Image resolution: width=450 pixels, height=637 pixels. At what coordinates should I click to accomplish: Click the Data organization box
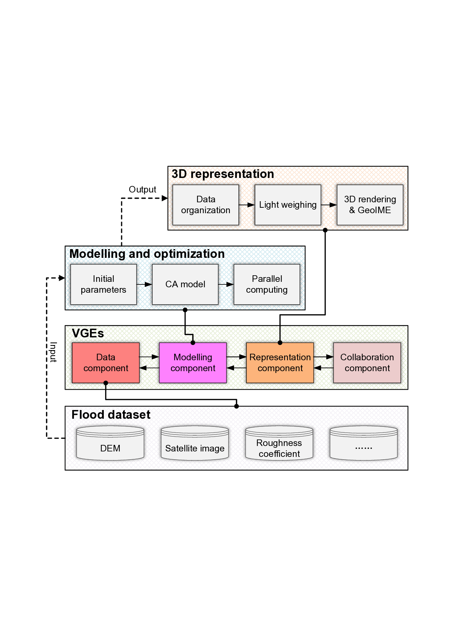(206, 205)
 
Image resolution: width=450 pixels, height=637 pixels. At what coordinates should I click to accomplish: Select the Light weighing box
(288, 205)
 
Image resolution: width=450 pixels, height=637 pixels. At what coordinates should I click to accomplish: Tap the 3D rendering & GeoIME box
(370, 205)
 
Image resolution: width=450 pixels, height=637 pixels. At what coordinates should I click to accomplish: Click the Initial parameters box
(103, 284)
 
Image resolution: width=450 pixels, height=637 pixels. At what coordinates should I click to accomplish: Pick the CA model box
(185, 284)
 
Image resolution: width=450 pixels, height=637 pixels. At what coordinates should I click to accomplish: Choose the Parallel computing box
(267, 284)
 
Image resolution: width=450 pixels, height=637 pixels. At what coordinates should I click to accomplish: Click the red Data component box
(106, 363)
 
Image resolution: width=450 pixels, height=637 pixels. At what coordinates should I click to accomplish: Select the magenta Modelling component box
(193, 363)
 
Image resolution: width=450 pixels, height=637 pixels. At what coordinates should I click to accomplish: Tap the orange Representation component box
(280, 363)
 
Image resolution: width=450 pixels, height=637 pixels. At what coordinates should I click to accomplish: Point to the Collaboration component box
(367, 363)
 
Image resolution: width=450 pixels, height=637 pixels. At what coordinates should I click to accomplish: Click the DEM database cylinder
(110, 444)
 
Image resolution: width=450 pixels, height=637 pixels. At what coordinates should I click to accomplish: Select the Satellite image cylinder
(195, 444)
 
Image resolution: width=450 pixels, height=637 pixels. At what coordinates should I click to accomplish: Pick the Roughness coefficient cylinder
(279, 444)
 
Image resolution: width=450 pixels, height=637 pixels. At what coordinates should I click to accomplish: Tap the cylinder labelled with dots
(364, 444)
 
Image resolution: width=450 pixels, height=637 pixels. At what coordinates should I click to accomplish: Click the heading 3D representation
(222, 174)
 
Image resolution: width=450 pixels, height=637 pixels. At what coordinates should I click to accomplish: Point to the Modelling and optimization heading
(147, 254)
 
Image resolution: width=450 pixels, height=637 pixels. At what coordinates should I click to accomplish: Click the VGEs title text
(88, 333)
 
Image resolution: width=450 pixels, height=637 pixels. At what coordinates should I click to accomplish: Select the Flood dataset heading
(111, 415)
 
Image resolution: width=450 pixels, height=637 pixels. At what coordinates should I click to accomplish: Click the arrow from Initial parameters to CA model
(144, 284)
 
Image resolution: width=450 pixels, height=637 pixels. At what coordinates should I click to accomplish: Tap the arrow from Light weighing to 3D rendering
(329, 205)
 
